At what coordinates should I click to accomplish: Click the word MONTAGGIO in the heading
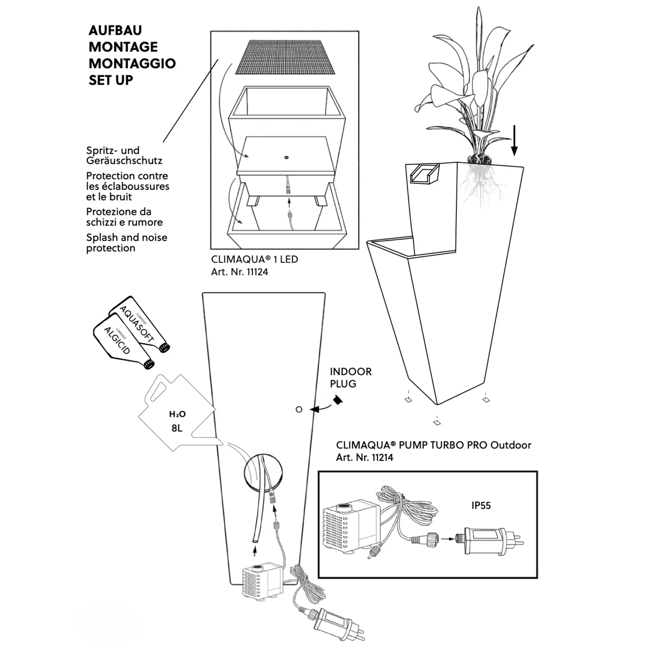[132, 63]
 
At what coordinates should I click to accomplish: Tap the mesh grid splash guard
[285, 57]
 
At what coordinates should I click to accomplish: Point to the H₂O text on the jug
[177, 414]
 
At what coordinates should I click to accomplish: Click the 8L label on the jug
[177, 428]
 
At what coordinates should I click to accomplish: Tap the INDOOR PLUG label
[350, 377]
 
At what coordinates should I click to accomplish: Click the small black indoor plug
[338, 400]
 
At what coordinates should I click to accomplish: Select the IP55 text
[481, 506]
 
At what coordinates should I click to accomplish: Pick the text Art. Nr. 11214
[364, 457]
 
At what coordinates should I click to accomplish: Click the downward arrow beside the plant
[514, 141]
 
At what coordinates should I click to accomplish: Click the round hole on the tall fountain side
[299, 410]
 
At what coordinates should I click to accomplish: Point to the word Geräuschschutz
[124, 160]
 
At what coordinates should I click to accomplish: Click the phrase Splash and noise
[126, 237]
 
